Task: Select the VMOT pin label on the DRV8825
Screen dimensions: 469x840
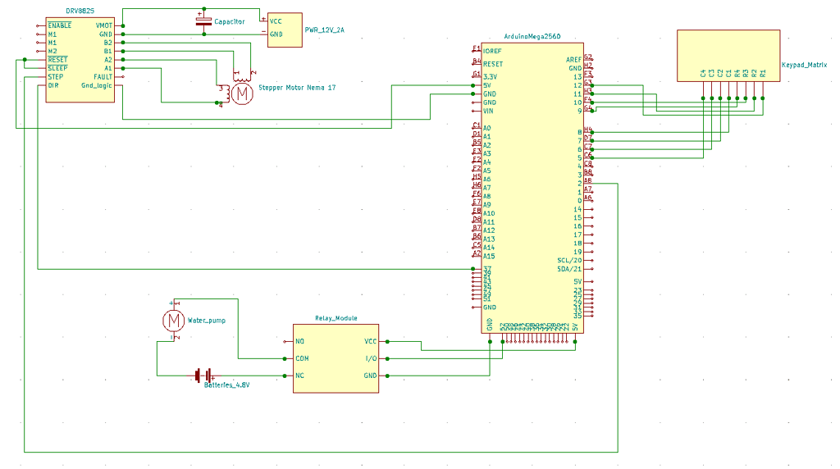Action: coord(104,25)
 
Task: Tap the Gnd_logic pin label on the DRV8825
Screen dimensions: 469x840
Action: coord(97,85)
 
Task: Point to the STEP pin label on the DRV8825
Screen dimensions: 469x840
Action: coord(56,77)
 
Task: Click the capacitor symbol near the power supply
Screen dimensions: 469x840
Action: coord(203,20)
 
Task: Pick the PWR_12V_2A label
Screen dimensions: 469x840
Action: coord(325,30)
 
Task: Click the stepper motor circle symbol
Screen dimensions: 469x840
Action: coord(241,93)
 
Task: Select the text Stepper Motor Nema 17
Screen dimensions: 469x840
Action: coord(297,87)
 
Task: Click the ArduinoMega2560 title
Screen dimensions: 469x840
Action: coord(532,38)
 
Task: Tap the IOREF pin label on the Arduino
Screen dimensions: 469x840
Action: coord(493,51)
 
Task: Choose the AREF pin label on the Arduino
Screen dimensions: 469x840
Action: coord(573,60)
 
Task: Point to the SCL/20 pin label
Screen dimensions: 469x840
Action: coord(569,261)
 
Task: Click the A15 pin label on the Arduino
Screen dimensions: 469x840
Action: coord(488,256)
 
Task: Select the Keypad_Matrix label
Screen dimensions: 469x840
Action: coord(804,63)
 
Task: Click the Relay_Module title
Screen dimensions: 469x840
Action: coord(336,318)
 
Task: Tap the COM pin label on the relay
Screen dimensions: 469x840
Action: coord(302,358)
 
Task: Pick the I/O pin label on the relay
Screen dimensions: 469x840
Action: coord(370,358)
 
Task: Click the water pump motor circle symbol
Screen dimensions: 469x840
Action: coord(173,319)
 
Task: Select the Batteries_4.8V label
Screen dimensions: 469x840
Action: coord(226,384)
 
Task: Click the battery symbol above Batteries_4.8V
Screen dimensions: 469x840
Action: coord(204,375)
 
